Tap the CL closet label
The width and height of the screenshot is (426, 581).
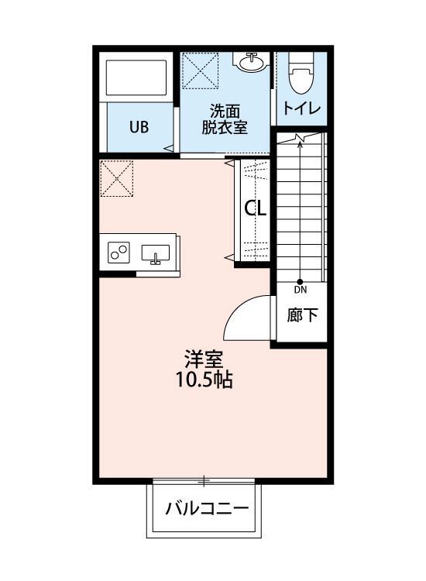pyautogui.click(x=256, y=208)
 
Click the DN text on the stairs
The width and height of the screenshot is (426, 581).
pyautogui.click(x=301, y=290)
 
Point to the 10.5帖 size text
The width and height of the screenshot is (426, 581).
pyautogui.click(x=204, y=380)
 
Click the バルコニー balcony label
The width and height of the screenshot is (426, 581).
pyautogui.click(x=205, y=509)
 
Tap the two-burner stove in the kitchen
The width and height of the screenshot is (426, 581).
pyautogui.click(x=119, y=253)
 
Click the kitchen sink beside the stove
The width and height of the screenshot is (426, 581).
pyautogui.click(x=156, y=253)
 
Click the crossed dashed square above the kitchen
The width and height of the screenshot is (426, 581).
pyautogui.click(x=116, y=178)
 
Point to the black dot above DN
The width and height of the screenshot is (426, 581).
pyautogui.click(x=301, y=281)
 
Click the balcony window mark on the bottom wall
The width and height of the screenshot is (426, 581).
pyautogui.click(x=204, y=481)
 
